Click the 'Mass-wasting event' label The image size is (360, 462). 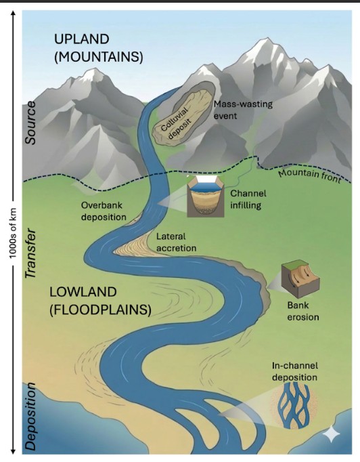243,110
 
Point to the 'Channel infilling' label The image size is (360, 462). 248,199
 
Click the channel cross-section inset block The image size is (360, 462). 206,196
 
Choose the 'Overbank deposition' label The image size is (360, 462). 104,211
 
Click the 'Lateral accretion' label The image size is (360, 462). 176,242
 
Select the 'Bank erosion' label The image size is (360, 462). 303,311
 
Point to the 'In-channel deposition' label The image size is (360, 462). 294,371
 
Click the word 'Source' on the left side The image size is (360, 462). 30,123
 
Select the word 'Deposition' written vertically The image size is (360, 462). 30,416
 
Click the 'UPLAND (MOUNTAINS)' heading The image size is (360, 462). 99,48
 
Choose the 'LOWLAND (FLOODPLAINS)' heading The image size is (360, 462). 100,301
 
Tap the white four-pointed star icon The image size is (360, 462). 331,434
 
